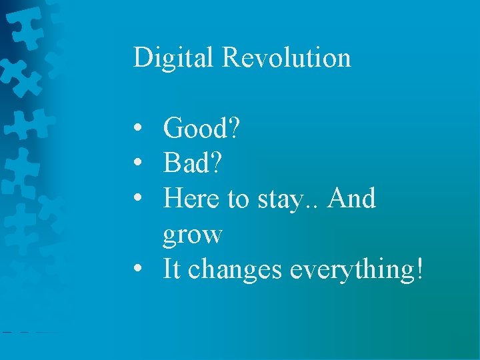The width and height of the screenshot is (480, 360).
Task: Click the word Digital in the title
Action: tap(175, 58)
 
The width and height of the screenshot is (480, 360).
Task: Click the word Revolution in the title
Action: tap(286, 57)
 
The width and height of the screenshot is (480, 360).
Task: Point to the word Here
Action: tap(193, 199)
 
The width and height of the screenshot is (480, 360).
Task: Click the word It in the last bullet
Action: tap(172, 269)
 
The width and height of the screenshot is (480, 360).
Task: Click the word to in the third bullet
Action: tap(239, 199)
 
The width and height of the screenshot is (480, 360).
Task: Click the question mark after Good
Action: tap(233, 128)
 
